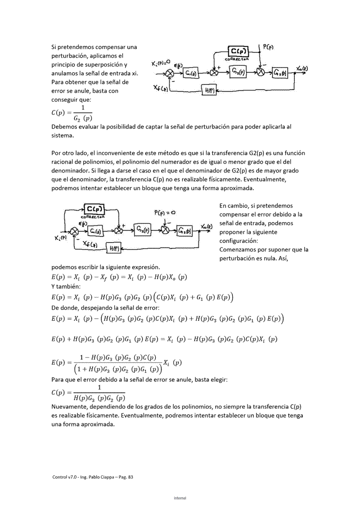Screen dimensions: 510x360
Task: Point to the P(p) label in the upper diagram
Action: [x=269, y=46]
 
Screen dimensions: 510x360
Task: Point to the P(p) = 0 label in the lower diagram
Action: [x=165, y=212]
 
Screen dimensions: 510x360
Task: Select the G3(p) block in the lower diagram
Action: [x=185, y=231]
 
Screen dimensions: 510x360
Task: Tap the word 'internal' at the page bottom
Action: [x=180, y=498]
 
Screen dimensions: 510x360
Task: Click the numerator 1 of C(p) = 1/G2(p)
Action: [x=83, y=108]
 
